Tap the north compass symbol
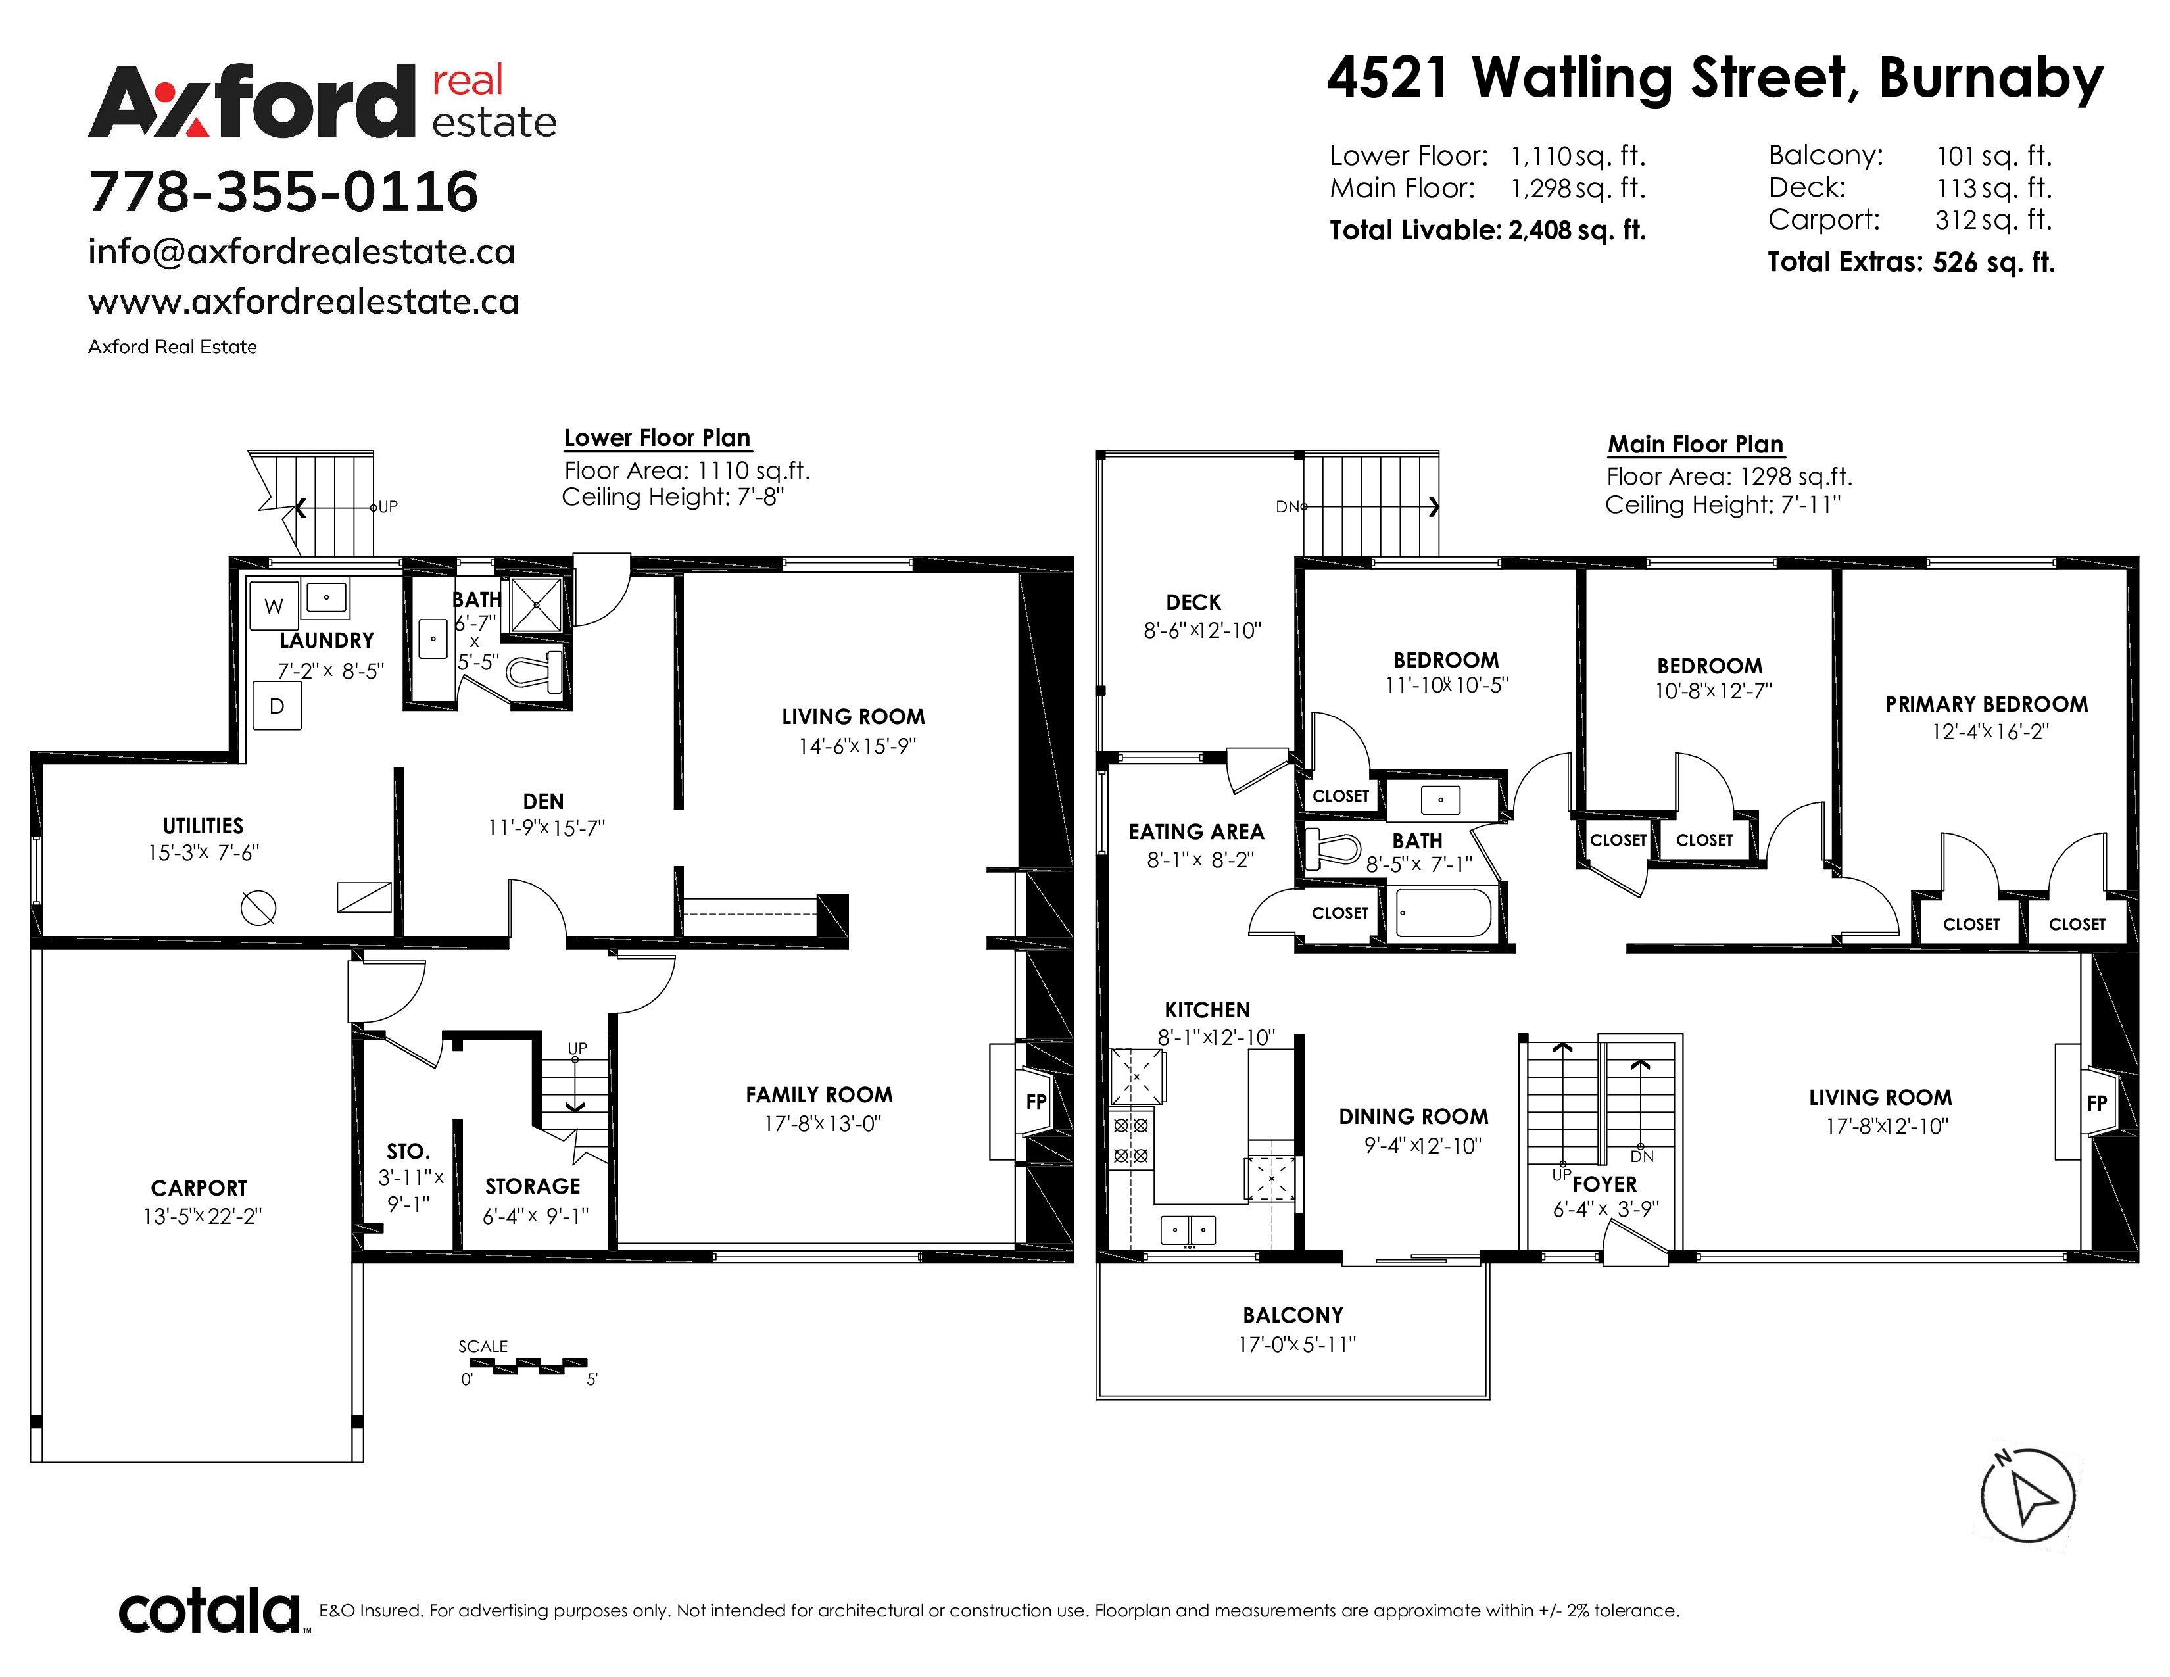click(x=2027, y=1495)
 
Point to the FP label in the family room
click(x=1036, y=1102)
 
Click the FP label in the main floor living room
click(x=2096, y=1103)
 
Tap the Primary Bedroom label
click(x=1986, y=704)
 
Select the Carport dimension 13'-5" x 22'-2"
click(x=202, y=1216)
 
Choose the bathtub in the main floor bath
click(x=1443, y=912)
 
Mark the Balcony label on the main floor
click(x=1293, y=1315)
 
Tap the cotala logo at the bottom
click(x=210, y=1611)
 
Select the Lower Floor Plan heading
click(x=657, y=438)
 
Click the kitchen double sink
click(x=1188, y=1230)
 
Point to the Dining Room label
click(x=1413, y=1117)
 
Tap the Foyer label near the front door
click(x=1604, y=1184)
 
